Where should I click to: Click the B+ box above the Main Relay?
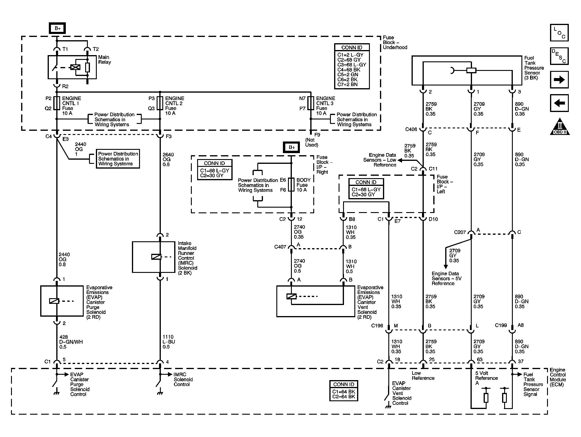(57, 28)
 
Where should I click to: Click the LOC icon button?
(559, 33)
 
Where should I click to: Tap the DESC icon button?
(559, 56)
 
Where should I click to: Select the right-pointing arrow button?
(559, 80)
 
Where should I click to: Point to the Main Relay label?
(105, 60)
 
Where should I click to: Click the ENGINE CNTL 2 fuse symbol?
(160, 103)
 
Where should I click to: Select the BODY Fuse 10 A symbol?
(291, 185)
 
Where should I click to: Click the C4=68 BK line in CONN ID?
(349, 70)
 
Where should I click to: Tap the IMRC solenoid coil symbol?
(156, 257)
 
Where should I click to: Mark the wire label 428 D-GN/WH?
(71, 342)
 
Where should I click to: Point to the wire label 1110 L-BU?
(169, 342)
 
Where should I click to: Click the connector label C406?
(411, 129)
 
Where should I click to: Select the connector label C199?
(501, 325)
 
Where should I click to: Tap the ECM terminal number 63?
(479, 360)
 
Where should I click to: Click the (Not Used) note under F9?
(311, 142)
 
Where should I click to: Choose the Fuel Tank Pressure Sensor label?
(534, 68)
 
